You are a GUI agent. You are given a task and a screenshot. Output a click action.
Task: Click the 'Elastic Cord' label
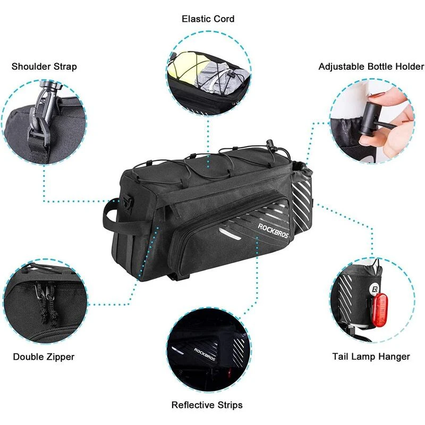pyautogui.click(x=208, y=19)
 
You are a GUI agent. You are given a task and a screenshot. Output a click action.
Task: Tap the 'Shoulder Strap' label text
pyautogui.click(x=44, y=66)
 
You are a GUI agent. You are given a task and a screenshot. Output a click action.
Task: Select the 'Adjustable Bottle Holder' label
pyautogui.click(x=371, y=66)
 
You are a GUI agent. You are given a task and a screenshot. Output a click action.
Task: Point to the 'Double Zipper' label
pyautogui.click(x=44, y=356)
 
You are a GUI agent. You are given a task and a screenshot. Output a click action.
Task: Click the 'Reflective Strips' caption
pyautogui.click(x=207, y=405)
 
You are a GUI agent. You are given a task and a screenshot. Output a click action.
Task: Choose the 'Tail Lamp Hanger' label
pyautogui.click(x=371, y=356)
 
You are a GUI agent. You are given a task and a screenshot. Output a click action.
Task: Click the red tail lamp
pyautogui.click(x=380, y=311)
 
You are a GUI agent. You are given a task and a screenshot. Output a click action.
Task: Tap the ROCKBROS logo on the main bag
pyautogui.click(x=273, y=231)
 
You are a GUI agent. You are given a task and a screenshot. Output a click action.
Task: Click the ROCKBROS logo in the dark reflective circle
pyautogui.click(x=205, y=354)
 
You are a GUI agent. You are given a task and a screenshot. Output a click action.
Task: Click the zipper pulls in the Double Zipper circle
pyautogui.click(x=46, y=303)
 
